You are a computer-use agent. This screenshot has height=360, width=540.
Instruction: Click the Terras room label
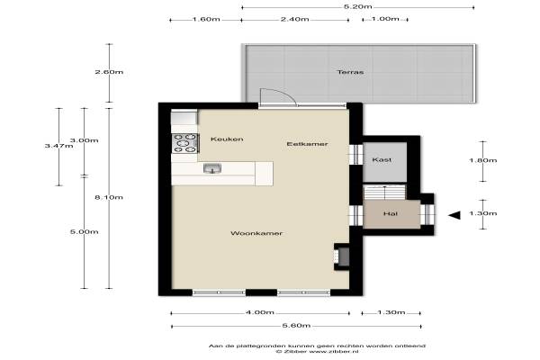click(350, 72)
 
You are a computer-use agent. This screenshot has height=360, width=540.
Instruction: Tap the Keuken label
click(227, 139)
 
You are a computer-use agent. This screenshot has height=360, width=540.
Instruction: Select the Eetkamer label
click(307, 144)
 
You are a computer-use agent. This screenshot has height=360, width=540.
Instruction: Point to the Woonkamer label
click(256, 233)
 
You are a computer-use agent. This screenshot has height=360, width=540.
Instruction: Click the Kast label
click(382, 160)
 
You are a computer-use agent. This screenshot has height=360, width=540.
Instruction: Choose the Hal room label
click(391, 213)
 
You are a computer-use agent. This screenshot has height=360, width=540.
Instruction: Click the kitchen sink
click(212, 168)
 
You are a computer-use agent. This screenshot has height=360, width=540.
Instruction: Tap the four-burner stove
click(185, 143)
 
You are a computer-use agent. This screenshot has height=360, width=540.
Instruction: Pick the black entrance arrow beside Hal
click(454, 215)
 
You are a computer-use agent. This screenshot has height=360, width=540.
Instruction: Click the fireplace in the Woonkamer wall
click(342, 256)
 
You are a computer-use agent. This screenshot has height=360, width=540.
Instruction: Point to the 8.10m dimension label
click(109, 197)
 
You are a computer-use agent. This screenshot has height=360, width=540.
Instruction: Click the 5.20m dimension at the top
click(358, 7)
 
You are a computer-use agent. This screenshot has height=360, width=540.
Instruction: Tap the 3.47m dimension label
click(58, 146)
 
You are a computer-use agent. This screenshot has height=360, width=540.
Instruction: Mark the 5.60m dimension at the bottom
click(296, 326)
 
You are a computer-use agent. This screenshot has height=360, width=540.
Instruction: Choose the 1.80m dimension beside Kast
click(482, 160)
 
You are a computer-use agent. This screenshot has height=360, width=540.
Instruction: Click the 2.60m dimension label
click(109, 72)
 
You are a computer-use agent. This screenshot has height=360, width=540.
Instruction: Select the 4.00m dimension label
click(260, 312)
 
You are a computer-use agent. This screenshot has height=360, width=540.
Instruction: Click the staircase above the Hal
click(384, 193)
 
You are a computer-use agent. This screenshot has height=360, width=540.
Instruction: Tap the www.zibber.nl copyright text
click(317, 351)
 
